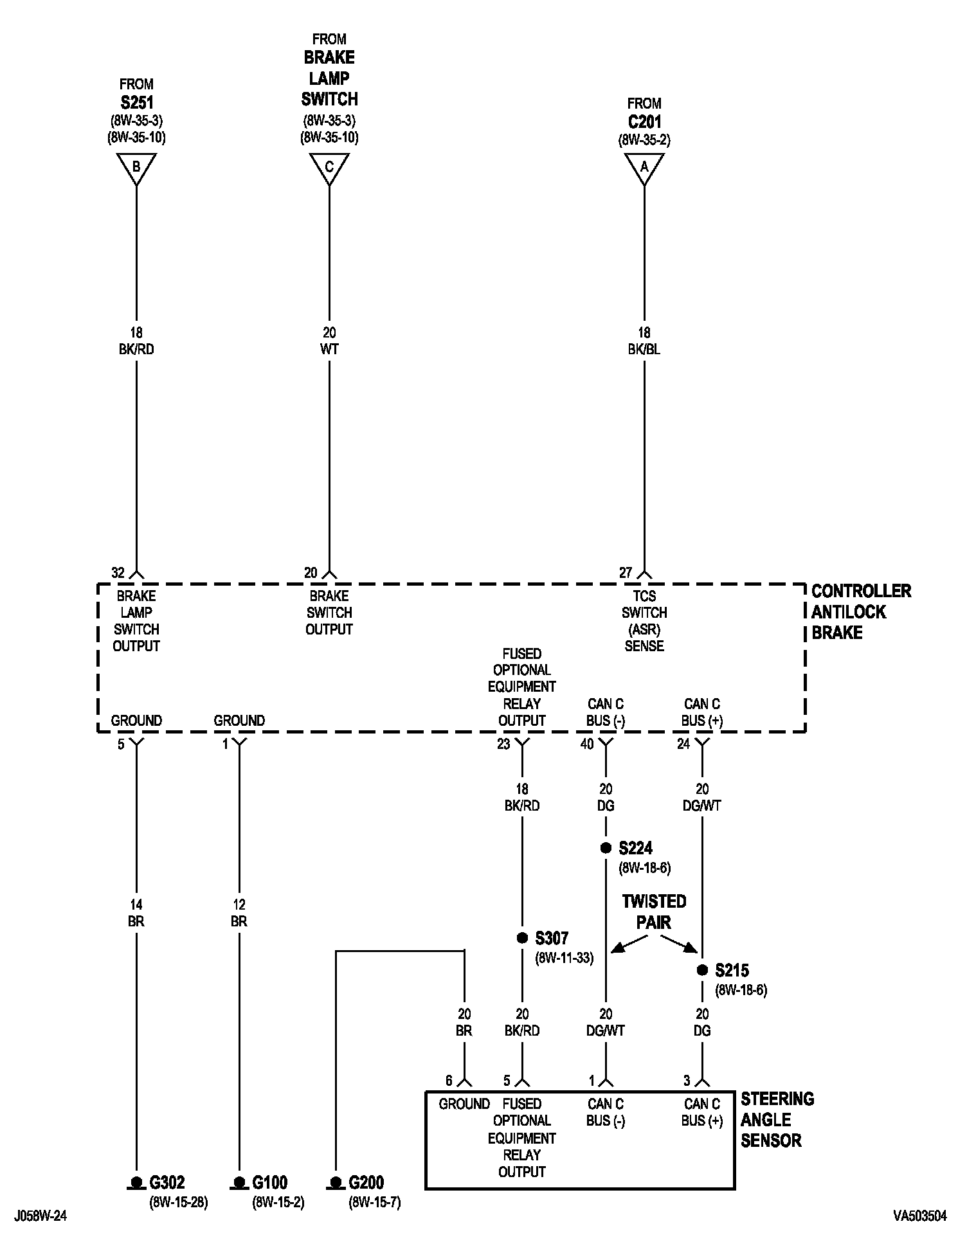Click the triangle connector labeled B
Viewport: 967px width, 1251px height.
tap(136, 168)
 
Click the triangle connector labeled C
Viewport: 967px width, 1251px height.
tap(329, 168)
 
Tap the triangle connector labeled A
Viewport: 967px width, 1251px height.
tap(644, 168)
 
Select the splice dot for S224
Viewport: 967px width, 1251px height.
tap(606, 848)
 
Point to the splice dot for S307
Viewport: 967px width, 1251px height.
tap(522, 939)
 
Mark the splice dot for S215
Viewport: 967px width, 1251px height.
tap(702, 970)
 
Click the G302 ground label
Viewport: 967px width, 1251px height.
tap(167, 1182)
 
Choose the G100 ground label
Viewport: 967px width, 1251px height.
tap(269, 1182)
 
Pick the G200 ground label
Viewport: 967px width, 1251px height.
tap(366, 1182)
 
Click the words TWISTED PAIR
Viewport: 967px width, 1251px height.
tap(654, 912)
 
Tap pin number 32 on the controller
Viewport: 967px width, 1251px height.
tap(118, 573)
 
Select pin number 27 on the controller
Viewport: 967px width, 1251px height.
tap(626, 573)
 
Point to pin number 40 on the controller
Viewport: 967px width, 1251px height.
tap(587, 744)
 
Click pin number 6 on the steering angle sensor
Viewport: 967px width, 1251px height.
tap(449, 1081)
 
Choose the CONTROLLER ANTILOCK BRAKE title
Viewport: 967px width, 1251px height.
tap(860, 611)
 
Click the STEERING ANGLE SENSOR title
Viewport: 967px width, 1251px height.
tap(777, 1119)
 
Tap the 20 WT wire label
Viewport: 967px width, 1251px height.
tap(329, 341)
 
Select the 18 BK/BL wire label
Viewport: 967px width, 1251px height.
tap(644, 341)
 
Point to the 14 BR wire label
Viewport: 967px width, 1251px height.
tap(136, 913)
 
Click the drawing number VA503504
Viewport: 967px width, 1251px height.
tap(919, 1216)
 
